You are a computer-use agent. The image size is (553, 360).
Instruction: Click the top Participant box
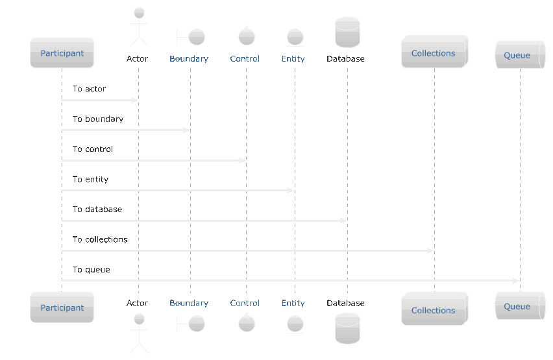coord(62,53)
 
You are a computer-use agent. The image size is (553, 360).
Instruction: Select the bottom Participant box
coord(62,307)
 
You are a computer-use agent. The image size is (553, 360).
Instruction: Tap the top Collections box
coord(434,51)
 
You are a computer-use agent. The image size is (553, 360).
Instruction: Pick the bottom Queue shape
coord(520,306)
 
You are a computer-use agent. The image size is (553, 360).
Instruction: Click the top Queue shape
coord(520,54)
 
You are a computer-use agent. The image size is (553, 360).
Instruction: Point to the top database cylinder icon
coord(347,32)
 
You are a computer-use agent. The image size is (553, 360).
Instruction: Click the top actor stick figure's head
coord(140,13)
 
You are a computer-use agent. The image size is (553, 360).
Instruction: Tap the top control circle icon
coord(247,36)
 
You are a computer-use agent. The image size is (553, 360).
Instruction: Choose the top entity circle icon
coord(295,37)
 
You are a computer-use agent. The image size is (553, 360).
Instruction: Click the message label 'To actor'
coord(89,88)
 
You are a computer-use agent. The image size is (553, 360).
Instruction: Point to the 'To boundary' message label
coord(98,119)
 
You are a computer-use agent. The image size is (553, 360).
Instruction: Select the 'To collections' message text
coord(100,239)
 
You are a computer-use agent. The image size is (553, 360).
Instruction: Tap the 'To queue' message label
coord(92,270)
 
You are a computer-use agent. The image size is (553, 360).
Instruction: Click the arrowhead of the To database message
coord(343,221)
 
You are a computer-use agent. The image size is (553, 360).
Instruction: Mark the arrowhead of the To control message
coord(242,160)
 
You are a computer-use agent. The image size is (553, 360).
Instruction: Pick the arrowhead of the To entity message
coord(291,191)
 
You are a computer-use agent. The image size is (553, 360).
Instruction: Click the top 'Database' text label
coord(345,58)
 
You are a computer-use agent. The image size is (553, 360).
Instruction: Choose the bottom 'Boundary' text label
coord(189,303)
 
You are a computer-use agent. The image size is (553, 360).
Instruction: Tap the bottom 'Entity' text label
coord(293,303)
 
